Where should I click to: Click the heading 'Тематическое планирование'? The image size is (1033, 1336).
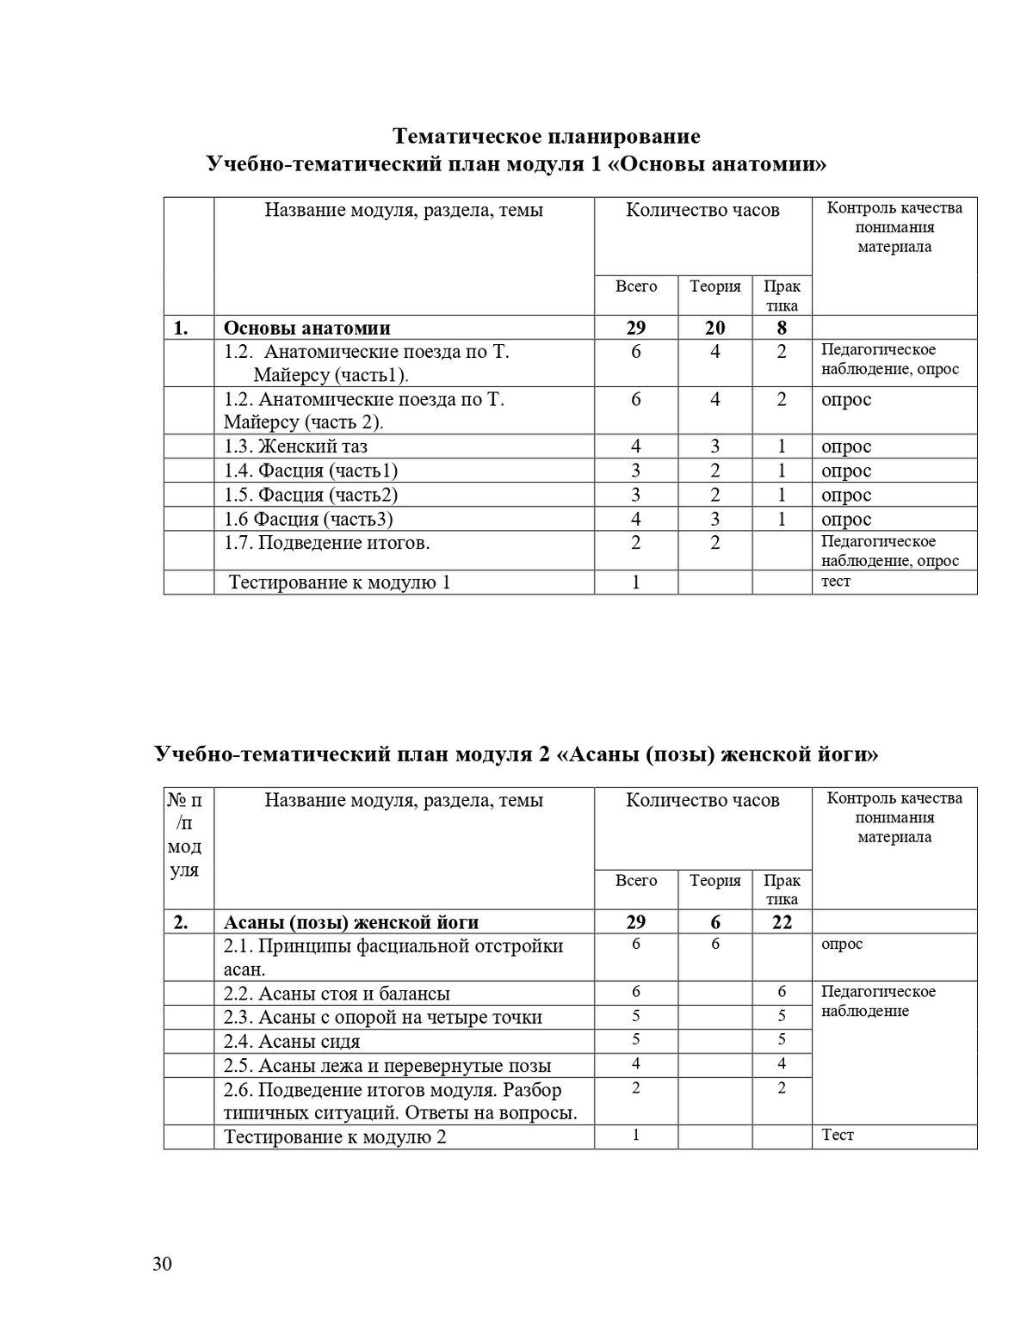pos(546,137)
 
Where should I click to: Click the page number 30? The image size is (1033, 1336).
pos(162,1264)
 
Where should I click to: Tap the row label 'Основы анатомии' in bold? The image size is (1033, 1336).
pos(307,328)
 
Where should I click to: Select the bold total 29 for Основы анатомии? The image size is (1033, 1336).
pos(635,328)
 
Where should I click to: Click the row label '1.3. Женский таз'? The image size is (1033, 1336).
pos(295,446)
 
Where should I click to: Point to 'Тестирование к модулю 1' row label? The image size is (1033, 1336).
pos(339,582)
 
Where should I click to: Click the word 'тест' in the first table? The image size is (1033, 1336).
pos(835,582)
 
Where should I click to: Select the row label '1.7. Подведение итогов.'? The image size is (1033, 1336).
pos(326,543)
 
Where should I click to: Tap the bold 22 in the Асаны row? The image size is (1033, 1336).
pos(782,922)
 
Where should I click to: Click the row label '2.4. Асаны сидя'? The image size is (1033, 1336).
pos(292,1042)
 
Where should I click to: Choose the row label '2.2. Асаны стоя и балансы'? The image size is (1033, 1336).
pos(337,994)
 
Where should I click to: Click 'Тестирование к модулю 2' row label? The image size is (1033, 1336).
pos(335,1137)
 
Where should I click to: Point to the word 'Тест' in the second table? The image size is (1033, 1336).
pos(837,1136)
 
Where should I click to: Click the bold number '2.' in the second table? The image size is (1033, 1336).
pos(181,922)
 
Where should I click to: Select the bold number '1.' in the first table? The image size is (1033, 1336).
pos(181,328)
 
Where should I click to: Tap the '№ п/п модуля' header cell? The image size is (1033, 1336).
pos(185,834)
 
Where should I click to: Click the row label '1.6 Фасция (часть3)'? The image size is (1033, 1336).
pos(308,519)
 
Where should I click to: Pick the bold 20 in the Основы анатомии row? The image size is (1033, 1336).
pos(714,328)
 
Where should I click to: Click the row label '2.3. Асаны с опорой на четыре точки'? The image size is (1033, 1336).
pos(383,1018)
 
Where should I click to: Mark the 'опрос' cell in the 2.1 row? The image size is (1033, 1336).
pos(841,945)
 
